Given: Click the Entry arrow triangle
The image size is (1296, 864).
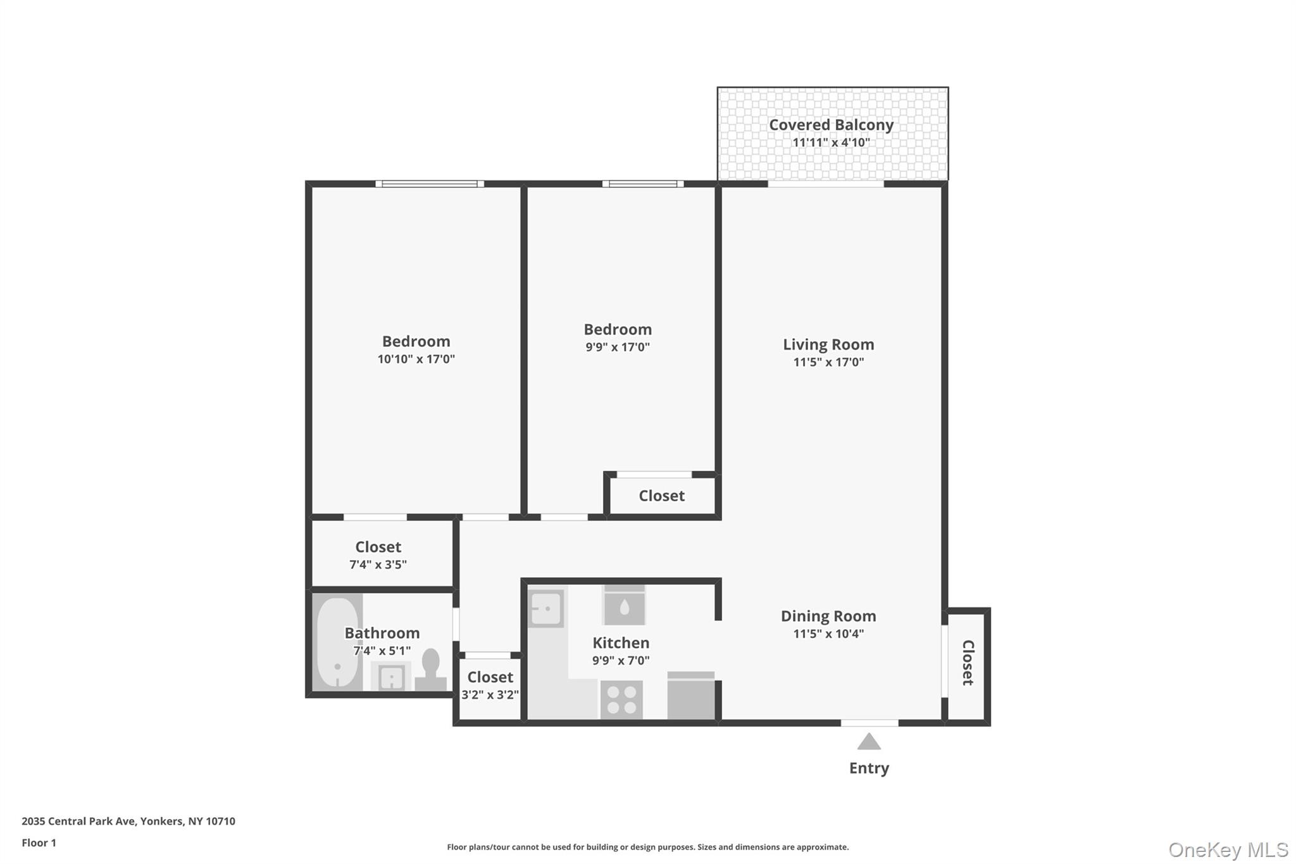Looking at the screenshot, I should [869, 742].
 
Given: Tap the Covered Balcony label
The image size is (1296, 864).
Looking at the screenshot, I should [831, 125].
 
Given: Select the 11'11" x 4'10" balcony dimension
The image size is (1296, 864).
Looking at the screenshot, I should [831, 142].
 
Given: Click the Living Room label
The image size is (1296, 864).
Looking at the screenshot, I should [828, 344].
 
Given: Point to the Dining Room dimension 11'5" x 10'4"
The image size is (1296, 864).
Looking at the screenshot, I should [828, 634].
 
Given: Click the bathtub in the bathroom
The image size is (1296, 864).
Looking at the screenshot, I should [337, 642].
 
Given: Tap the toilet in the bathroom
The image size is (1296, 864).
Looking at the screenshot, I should [431, 670].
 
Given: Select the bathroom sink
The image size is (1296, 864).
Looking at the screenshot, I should [391, 677].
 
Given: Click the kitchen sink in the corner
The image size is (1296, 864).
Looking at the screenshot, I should [545, 609].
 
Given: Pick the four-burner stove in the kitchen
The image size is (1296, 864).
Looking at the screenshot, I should [621, 699].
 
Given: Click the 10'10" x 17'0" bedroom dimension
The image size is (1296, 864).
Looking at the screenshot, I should [416, 359].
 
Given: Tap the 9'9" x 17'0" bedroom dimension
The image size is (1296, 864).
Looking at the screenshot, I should [618, 347].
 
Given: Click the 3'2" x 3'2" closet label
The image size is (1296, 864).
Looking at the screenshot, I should [490, 694].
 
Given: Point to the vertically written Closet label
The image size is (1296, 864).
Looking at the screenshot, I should [968, 662].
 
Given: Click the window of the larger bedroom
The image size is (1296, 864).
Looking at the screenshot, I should [430, 184].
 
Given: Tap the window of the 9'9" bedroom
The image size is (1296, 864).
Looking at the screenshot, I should [642, 184].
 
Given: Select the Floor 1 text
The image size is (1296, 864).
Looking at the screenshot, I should [39, 842].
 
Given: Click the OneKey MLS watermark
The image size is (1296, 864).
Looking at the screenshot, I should [1228, 849].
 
